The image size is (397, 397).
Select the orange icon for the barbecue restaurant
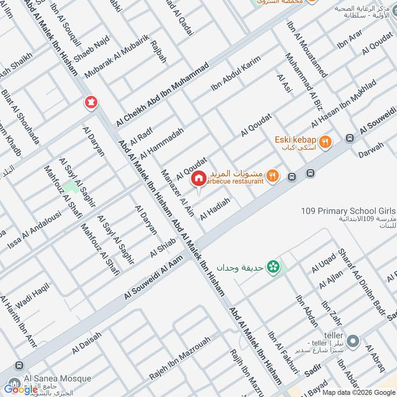(272, 175)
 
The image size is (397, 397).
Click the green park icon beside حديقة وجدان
(272, 267)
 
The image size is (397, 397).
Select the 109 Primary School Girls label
(347, 211)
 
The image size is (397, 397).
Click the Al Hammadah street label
(162, 143)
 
